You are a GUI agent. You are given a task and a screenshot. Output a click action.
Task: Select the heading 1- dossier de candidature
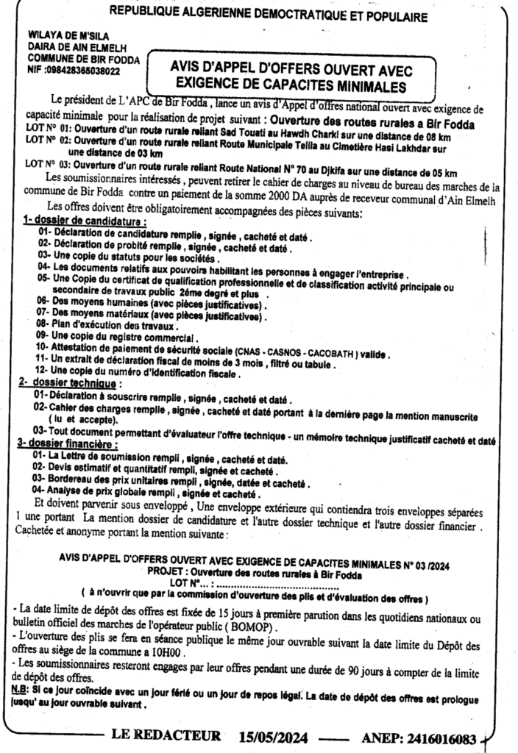coord(83,221)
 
